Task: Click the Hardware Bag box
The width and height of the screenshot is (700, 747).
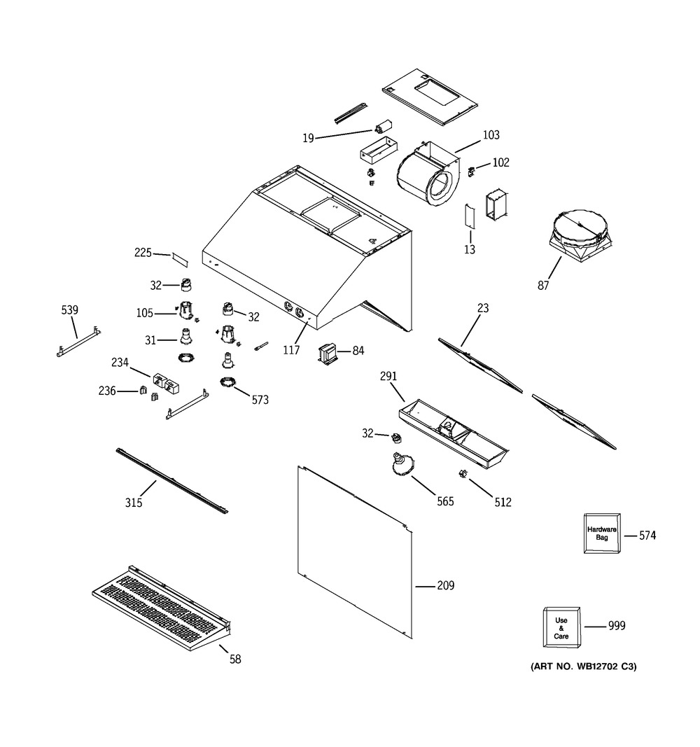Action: tap(601, 534)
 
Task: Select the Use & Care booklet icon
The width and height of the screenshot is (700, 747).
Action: tap(562, 627)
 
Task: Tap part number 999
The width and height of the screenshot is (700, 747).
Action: tap(616, 626)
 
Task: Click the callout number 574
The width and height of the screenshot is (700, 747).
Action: tap(647, 536)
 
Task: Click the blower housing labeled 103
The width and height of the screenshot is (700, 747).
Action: tap(426, 175)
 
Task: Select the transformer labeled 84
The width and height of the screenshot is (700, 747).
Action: tap(328, 354)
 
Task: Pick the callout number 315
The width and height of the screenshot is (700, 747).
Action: tap(134, 503)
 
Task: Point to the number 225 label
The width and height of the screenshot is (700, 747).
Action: tap(143, 253)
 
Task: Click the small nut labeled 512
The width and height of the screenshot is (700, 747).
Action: tap(462, 475)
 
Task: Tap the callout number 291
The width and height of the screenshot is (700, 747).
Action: tap(388, 376)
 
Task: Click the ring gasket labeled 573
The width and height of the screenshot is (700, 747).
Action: tap(228, 382)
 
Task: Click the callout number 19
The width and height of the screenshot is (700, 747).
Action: tap(308, 138)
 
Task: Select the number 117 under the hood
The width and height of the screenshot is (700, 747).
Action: tap(290, 350)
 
